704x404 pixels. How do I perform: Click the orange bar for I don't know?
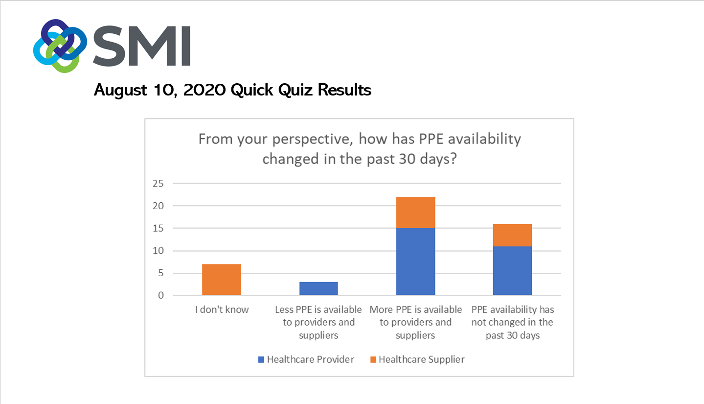click(x=222, y=280)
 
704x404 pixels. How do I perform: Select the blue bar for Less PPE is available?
click(x=318, y=288)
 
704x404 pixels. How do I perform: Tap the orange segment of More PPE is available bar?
click(x=415, y=213)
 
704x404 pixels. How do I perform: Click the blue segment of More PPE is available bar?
click(x=415, y=262)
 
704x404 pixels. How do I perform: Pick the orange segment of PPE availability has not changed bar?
click(x=512, y=235)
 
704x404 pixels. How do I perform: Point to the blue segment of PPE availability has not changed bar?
click(x=512, y=271)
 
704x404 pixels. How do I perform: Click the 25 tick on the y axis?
click(x=158, y=184)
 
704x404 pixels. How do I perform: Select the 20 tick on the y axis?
click(x=158, y=206)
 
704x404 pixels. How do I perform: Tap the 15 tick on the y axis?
click(x=158, y=228)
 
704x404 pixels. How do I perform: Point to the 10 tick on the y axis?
click(x=158, y=251)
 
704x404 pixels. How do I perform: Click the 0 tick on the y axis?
click(x=161, y=295)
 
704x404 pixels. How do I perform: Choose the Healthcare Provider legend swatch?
click(x=261, y=359)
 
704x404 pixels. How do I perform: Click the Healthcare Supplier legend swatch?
click(x=373, y=359)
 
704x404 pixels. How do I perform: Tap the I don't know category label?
click(x=222, y=309)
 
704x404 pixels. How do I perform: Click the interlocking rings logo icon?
click(x=60, y=46)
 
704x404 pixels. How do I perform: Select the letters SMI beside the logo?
click(x=142, y=46)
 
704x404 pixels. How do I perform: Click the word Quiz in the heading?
click(x=295, y=90)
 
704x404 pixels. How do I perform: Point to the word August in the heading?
click(x=120, y=90)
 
